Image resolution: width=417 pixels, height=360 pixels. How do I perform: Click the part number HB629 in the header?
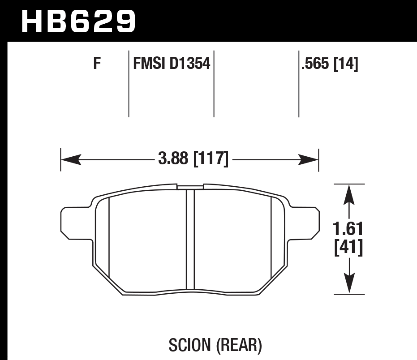[x=78, y=21]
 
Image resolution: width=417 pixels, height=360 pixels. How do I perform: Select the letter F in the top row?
[x=97, y=64]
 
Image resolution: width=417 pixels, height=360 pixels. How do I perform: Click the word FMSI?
[x=149, y=64]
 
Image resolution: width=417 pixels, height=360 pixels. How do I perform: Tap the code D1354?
[x=190, y=64]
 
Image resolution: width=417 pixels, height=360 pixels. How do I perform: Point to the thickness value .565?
[x=316, y=64]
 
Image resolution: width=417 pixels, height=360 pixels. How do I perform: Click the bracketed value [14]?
[x=346, y=64]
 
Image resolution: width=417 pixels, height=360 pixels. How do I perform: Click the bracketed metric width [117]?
[x=211, y=159]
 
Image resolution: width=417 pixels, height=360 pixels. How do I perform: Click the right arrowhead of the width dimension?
[x=309, y=159]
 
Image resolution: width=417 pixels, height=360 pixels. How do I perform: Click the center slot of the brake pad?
[x=190, y=240]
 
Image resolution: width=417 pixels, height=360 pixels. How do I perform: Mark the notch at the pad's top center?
[x=190, y=186]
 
